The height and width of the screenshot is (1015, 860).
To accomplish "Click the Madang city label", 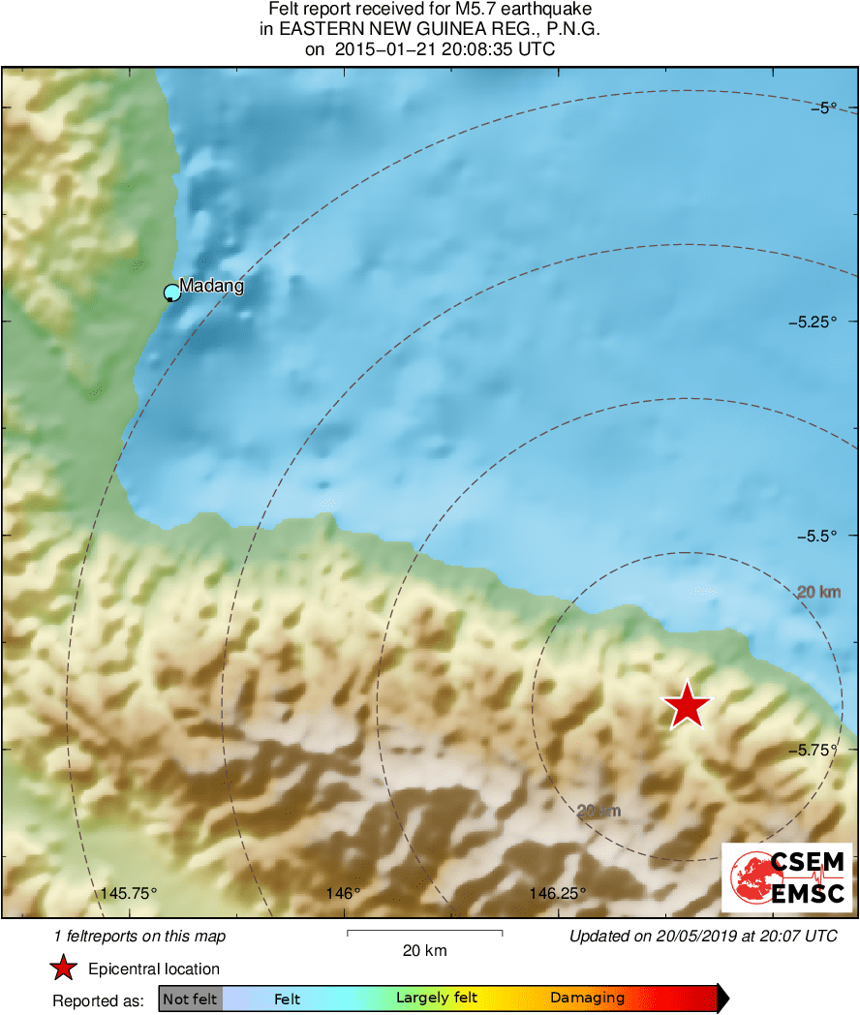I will pyautogui.click(x=212, y=287).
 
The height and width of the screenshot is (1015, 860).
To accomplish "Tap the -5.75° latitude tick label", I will pyautogui.click(x=824, y=750).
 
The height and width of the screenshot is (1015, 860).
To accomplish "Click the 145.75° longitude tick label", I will pyautogui.click(x=130, y=893).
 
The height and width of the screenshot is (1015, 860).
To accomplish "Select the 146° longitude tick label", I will pyautogui.click(x=344, y=893).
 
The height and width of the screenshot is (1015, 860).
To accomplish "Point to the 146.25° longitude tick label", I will pyautogui.click(x=559, y=893).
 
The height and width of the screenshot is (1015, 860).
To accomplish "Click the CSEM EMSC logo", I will pyautogui.click(x=786, y=877).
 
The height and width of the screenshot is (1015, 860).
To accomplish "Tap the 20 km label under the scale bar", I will pyautogui.click(x=424, y=951).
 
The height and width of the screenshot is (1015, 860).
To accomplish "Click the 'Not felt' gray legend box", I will pyautogui.click(x=191, y=999).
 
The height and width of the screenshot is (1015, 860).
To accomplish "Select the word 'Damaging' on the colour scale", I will pyautogui.click(x=587, y=999).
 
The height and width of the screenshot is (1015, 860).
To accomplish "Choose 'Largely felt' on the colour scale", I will pyautogui.click(x=432, y=998).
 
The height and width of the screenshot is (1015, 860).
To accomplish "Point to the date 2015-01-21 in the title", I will pyautogui.click(x=384, y=49).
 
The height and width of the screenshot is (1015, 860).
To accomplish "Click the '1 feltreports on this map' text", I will pyautogui.click(x=140, y=936).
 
